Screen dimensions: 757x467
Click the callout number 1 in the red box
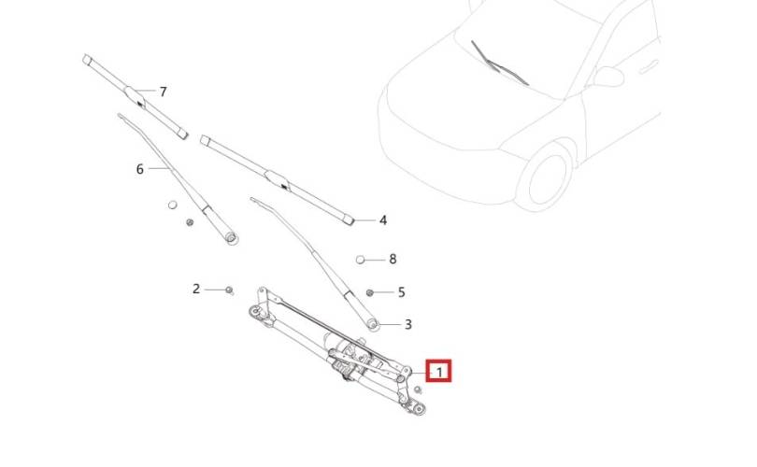439,373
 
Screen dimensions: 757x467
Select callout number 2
196,289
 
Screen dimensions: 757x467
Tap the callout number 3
408,325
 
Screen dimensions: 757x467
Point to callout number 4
383,220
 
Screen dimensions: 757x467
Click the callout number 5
401,292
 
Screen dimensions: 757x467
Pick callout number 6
140,169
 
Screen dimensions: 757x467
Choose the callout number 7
164,92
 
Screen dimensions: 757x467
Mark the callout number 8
393,260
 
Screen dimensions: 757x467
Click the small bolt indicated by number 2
229,290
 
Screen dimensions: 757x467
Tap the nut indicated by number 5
370,292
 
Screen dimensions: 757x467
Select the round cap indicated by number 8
360,260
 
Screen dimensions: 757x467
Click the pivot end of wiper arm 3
372,324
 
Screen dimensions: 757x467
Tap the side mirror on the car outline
608,77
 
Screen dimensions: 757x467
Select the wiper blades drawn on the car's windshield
500,64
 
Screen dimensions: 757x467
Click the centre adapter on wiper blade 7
136,95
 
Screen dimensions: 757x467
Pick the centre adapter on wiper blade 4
278,179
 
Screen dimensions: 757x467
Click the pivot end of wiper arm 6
231,237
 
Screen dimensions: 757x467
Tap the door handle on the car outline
649,66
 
